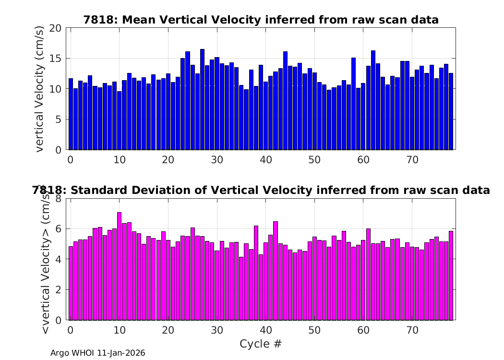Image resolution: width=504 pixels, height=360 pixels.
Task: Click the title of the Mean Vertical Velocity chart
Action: click(261, 20)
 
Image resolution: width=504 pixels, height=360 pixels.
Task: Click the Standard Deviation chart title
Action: click(261, 190)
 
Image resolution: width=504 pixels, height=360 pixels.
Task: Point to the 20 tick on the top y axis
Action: click(55, 28)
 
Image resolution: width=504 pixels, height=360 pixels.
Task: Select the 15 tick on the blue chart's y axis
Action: click(55, 59)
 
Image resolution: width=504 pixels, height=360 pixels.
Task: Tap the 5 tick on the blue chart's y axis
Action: click(58, 120)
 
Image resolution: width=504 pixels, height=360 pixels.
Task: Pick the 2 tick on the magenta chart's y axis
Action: click(58, 290)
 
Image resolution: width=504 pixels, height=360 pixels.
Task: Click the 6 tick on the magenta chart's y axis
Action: click(58, 229)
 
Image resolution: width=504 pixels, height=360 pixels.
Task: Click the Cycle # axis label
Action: click(261, 344)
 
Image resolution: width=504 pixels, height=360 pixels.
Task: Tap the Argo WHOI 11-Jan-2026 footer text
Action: click(98, 353)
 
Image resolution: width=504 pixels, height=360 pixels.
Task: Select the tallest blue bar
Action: click(202, 100)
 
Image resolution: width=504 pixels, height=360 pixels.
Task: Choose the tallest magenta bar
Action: click(119, 266)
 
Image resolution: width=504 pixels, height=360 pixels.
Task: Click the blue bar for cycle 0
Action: click(71, 114)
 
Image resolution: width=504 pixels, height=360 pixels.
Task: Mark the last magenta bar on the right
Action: click(451, 276)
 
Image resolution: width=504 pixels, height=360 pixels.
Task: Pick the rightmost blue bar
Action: click(451, 111)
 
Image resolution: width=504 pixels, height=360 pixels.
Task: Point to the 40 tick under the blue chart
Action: click(266, 160)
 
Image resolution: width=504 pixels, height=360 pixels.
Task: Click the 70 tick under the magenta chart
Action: click(412, 330)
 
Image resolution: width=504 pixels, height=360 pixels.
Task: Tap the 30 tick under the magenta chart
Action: click(217, 330)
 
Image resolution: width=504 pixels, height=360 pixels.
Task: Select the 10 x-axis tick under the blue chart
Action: click(119, 160)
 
